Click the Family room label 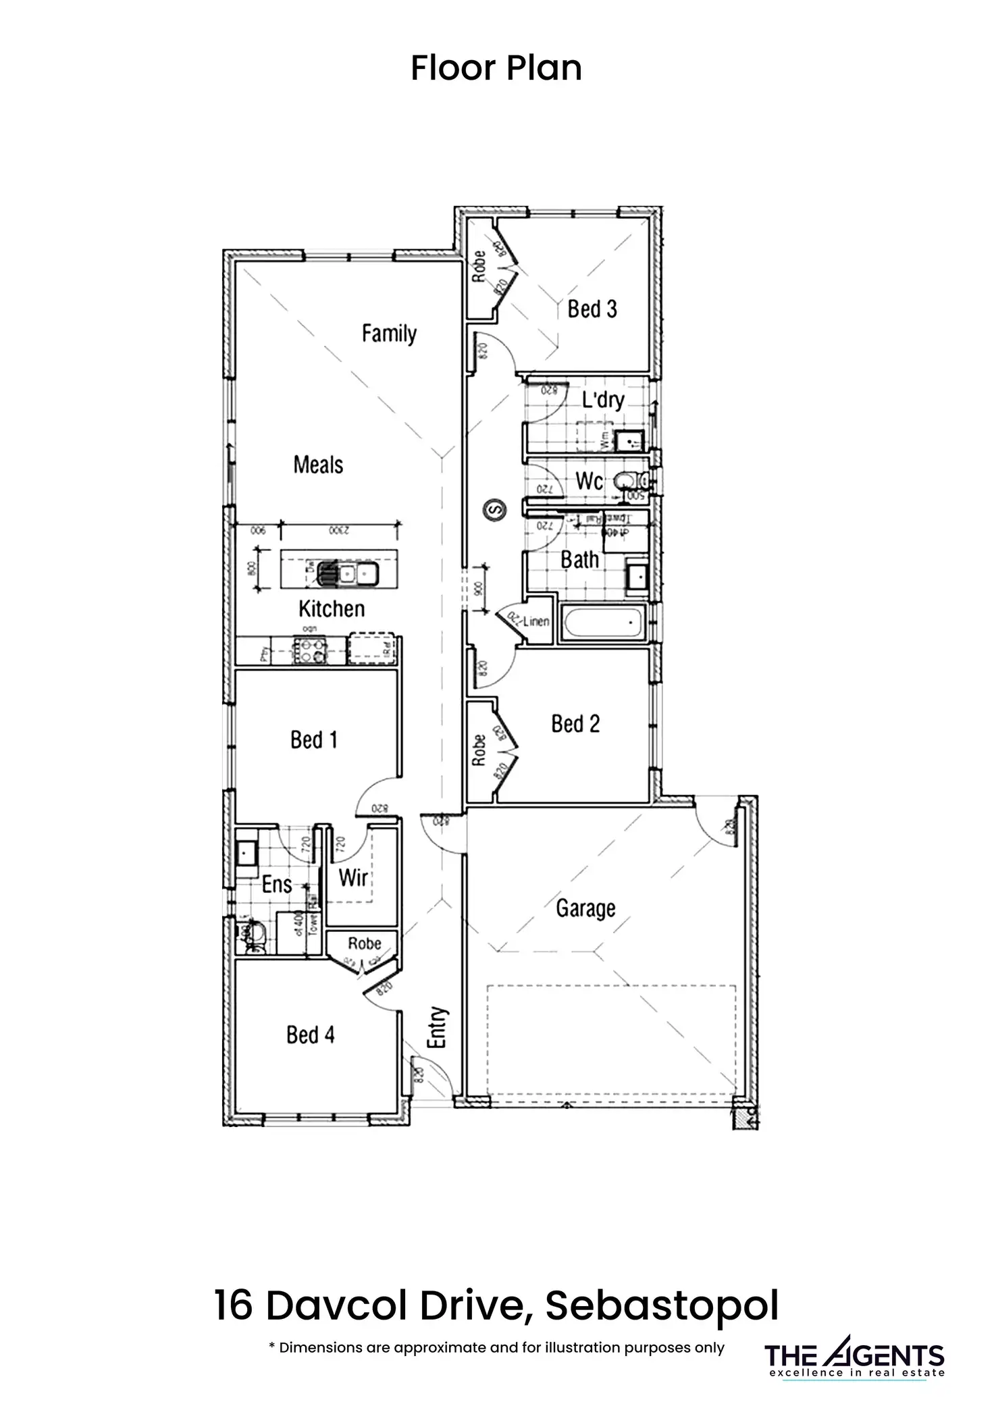coord(389,334)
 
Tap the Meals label coord(318,465)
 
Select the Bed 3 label coord(592,309)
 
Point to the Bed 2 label coord(575,724)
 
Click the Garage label coord(585,908)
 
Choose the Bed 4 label coord(310,1035)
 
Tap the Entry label coord(438,1027)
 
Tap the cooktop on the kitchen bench coord(310,650)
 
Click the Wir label coord(353,878)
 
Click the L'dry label coord(603,400)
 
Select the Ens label coord(276,884)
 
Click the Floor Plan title coord(496,68)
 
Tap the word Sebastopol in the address coord(662,1305)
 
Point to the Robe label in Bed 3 coord(479,266)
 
